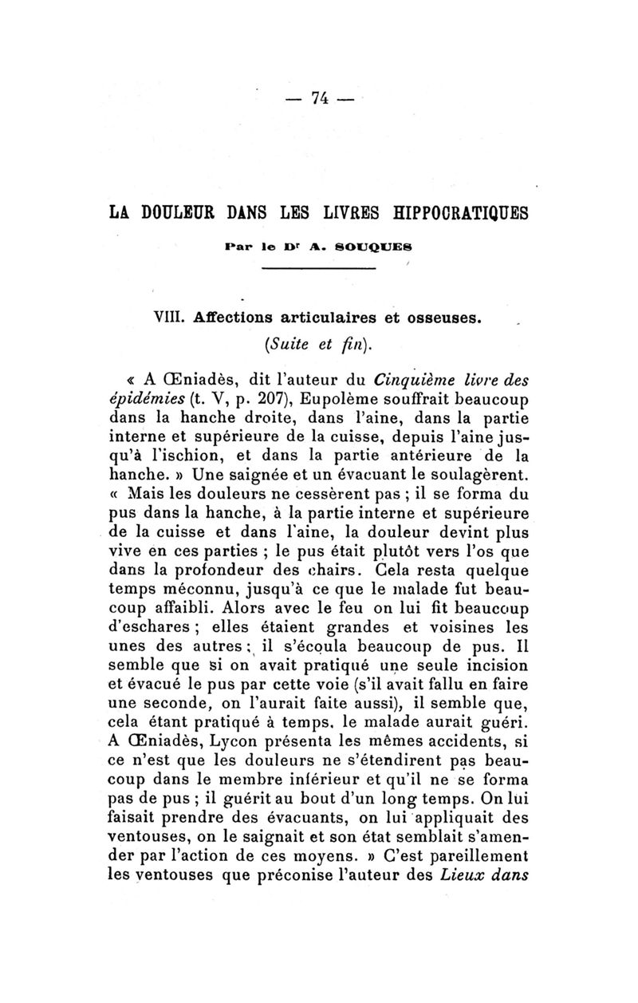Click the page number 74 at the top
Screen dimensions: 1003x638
(x=321, y=98)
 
